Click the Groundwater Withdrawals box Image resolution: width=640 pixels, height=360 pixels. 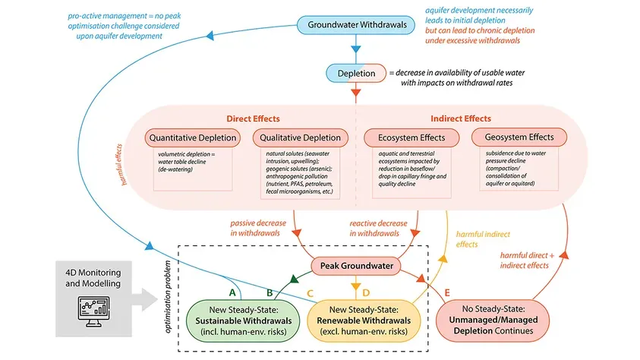[x=355, y=25]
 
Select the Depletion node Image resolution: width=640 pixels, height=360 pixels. [x=356, y=74]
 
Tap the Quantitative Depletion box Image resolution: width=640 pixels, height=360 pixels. [x=193, y=138]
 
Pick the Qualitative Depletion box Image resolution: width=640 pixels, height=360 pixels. [x=301, y=138]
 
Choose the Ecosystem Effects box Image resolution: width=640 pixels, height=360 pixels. [x=411, y=138]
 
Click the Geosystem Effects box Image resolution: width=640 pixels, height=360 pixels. [x=519, y=137]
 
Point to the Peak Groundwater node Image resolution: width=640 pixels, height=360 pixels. [x=356, y=266]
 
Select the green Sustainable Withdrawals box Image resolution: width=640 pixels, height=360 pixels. [x=243, y=321]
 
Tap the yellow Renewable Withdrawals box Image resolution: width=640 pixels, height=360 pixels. [x=364, y=321]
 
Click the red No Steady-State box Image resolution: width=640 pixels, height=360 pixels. [x=493, y=321]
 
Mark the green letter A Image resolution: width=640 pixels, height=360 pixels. [x=232, y=292]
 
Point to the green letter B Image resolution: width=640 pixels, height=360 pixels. [x=270, y=292]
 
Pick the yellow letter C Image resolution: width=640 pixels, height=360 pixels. [x=310, y=293]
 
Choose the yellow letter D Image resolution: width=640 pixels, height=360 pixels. [x=366, y=292]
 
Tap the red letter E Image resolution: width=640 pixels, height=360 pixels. [x=447, y=292]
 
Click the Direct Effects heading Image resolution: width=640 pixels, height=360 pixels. [x=253, y=118]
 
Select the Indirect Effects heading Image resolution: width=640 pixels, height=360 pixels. [x=461, y=118]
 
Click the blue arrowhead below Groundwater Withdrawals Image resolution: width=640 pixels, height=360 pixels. [x=356, y=49]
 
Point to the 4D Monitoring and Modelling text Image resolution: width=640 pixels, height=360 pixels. [x=93, y=278]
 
